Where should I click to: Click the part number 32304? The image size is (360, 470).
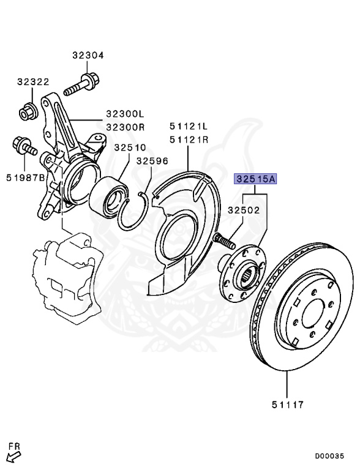click(x=88, y=55)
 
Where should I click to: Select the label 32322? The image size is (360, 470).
click(x=34, y=81)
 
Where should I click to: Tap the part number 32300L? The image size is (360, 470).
click(x=124, y=114)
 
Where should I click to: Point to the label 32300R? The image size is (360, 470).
click(x=124, y=127)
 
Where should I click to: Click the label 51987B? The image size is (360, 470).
click(x=26, y=177)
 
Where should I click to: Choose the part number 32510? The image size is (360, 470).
click(x=130, y=147)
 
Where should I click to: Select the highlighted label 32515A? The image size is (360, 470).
click(x=256, y=179)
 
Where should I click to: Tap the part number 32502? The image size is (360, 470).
click(x=244, y=210)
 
